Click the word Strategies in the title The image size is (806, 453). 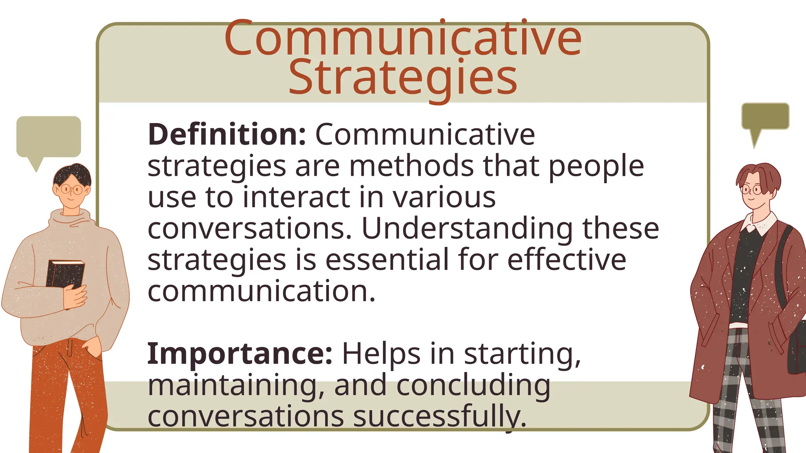coord(403,78)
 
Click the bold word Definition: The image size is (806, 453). coord(227,134)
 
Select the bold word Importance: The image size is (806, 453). coord(240,354)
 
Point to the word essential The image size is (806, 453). coord(387,260)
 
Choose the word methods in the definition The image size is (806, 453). coord(411,166)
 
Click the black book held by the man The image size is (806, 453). coord(65,273)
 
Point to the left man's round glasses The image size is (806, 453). coord(71,190)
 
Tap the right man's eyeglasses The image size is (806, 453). coord(751,190)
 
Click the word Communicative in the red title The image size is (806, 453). coord(403,39)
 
